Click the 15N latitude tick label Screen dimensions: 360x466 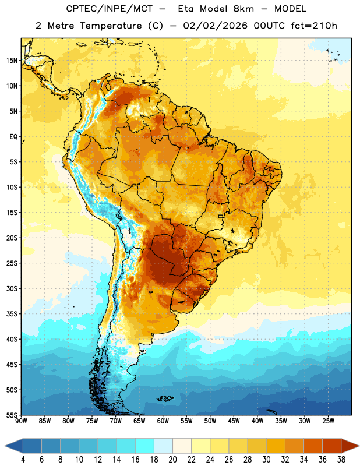click(12, 61)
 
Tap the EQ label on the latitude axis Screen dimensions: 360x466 click(13, 137)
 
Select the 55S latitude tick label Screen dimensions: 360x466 click(12, 415)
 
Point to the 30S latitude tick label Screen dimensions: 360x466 click(12, 288)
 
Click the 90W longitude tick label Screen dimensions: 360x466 click(21, 421)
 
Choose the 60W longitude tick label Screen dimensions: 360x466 click(163, 421)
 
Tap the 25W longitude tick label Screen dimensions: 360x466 click(329, 421)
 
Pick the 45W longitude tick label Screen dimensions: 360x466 click(234, 421)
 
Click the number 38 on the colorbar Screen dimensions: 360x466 click(341, 460)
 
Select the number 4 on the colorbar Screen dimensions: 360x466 click(23, 460)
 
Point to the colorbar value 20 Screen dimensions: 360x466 click(172, 460)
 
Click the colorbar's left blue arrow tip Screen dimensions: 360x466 click(5, 446)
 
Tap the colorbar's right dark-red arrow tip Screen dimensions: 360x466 click(359, 446)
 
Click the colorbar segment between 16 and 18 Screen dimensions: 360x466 click(144, 446)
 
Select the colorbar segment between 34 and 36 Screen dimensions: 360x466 click(313, 446)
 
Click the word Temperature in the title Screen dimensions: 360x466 click(111, 26)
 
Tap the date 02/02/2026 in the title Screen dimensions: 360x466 click(215, 26)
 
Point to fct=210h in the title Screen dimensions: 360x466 click(314, 26)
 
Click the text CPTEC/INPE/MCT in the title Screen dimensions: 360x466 click(109, 9)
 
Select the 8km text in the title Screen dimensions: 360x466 click(243, 9)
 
